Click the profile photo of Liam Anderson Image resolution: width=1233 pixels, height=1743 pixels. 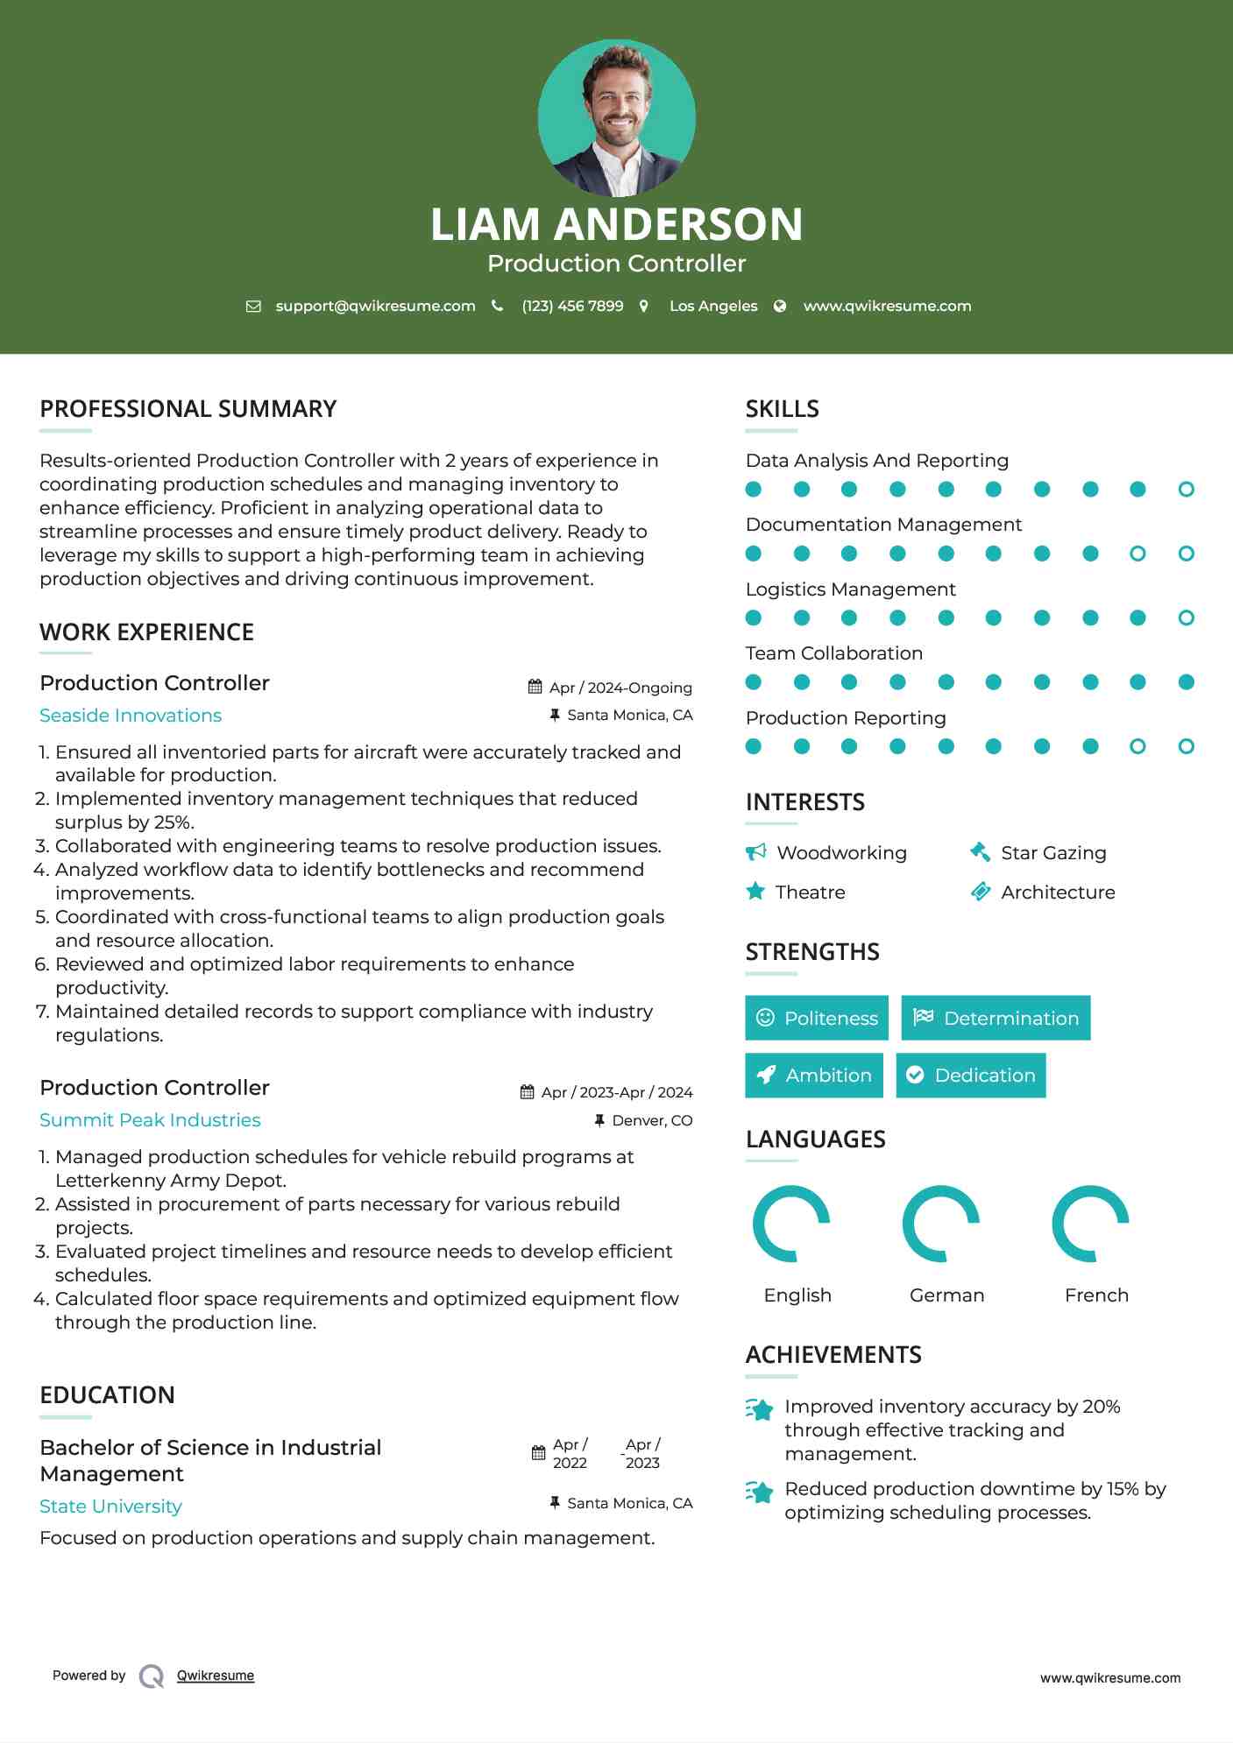click(616, 117)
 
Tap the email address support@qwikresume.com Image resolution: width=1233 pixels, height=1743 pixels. click(375, 306)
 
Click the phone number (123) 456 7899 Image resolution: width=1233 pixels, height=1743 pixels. click(572, 306)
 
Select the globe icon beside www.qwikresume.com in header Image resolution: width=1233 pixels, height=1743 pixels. click(780, 306)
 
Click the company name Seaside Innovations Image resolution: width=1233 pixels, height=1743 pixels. click(131, 716)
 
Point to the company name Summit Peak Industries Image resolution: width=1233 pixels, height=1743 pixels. click(150, 1120)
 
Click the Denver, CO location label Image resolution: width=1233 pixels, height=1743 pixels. click(652, 1120)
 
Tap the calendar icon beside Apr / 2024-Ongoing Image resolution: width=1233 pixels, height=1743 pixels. click(535, 687)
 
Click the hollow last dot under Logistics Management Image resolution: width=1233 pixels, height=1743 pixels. click(1186, 617)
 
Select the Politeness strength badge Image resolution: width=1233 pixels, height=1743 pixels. click(817, 1018)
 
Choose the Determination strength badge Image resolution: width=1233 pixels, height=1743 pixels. click(996, 1018)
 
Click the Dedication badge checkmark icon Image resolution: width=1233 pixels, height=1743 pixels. click(915, 1075)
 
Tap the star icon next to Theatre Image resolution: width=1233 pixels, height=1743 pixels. click(755, 892)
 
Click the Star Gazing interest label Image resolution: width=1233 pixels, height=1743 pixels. click(1053, 852)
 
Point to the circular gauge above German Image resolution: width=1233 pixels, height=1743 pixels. click(941, 1224)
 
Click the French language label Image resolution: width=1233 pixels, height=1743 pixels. click(1096, 1295)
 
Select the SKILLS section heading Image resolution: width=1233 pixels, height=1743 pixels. click(782, 409)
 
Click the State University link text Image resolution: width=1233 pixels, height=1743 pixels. click(110, 1507)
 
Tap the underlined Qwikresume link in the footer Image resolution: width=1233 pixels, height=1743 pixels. click(216, 1676)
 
